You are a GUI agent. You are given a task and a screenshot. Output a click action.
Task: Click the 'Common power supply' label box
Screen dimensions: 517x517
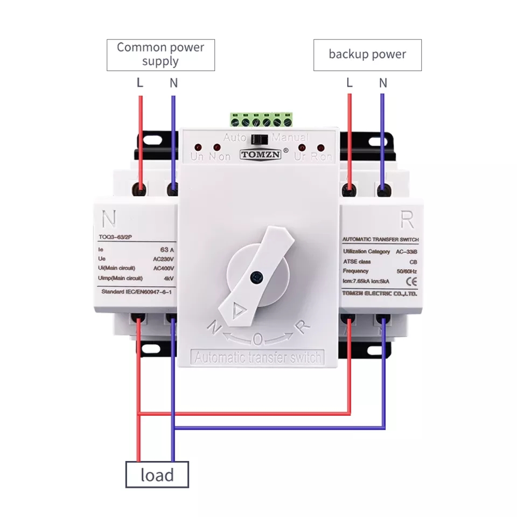(x=160, y=54)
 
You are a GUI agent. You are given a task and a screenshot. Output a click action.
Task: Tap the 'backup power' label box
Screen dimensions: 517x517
(x=367, y=54)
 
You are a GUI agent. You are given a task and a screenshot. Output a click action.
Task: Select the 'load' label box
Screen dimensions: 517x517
(x=157, y=474)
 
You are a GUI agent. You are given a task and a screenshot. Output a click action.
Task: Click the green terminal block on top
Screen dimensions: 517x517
(x=261, y=119)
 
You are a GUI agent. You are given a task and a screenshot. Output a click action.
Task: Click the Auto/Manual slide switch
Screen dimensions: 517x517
(x=261, y=138)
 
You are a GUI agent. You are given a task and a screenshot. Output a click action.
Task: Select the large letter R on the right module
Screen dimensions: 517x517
(x=407, y=219)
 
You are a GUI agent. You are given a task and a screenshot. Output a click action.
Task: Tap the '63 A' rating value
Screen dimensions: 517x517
(x=168, y=250)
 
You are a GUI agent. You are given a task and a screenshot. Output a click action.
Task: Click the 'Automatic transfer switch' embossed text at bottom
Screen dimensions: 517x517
(x=258, y=357)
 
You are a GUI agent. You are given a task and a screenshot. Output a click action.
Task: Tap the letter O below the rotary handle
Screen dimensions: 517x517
(x=258, y=339)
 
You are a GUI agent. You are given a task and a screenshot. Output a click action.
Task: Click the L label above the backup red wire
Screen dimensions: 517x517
(x=350, y=83)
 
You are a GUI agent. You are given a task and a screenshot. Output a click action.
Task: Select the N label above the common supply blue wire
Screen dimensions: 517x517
(x=173, y=83)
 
